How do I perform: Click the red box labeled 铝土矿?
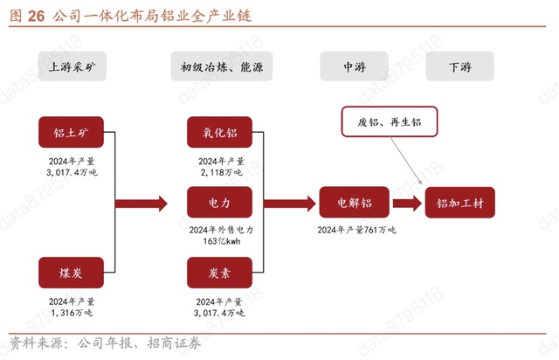click(71, 132)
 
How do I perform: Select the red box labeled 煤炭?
click(71, 273)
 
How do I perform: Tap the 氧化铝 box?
click(219, 132)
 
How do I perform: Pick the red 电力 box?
click(219, 203)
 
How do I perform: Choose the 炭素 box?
click(219, 273)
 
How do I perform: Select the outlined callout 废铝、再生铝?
click(389, 122)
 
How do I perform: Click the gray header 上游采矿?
click(71, 66)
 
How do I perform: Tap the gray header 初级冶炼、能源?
click(221, 66)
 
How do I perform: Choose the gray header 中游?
click(354, 66)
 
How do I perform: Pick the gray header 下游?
click(459, 66)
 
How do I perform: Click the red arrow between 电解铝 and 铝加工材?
click(406, 203)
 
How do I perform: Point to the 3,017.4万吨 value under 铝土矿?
click(71, 173)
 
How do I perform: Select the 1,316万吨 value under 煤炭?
click(71, 312)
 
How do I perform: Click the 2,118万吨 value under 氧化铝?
click(219, 173)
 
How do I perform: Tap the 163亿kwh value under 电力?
click(220, 241)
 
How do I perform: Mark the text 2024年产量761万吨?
click(355, 230)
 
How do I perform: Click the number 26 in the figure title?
click(37, 16)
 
